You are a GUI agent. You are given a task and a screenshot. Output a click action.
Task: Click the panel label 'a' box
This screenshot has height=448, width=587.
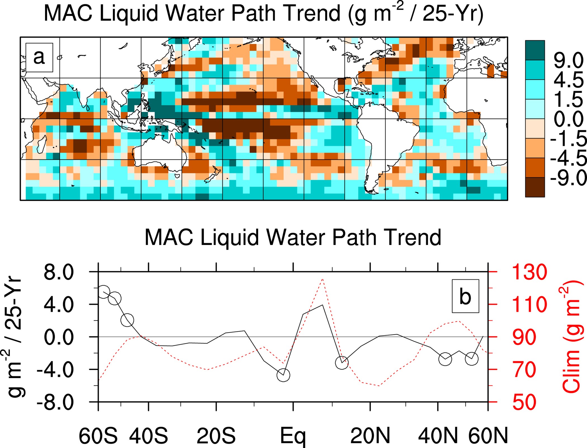tap(39, 57)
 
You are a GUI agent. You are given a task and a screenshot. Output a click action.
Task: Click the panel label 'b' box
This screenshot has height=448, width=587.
tap(465, 296)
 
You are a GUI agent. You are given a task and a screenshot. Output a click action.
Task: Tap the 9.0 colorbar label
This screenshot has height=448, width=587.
tap(568, 60)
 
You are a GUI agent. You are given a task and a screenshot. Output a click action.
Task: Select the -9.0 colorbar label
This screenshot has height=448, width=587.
tap(568, 178)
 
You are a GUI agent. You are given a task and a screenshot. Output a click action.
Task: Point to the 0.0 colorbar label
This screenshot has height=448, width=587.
tap(568, 119)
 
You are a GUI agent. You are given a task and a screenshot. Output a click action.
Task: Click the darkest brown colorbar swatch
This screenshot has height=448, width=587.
tap(535, 187)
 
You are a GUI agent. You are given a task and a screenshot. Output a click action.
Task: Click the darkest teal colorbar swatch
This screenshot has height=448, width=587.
tap(535, 50)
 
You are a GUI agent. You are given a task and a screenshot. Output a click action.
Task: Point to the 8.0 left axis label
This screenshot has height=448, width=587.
tap(59, 272)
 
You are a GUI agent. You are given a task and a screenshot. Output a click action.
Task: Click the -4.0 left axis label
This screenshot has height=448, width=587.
tap(55, 370)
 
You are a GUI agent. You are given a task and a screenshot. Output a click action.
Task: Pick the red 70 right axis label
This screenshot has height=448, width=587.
tap(524, 370)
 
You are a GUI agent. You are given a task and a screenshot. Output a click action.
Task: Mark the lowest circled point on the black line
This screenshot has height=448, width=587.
tap(283, 375)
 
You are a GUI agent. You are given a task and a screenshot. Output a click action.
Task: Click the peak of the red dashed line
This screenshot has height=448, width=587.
tap(323, 279)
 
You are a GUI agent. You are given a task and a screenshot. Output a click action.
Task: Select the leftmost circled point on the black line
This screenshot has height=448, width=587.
tap(103, 292)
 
